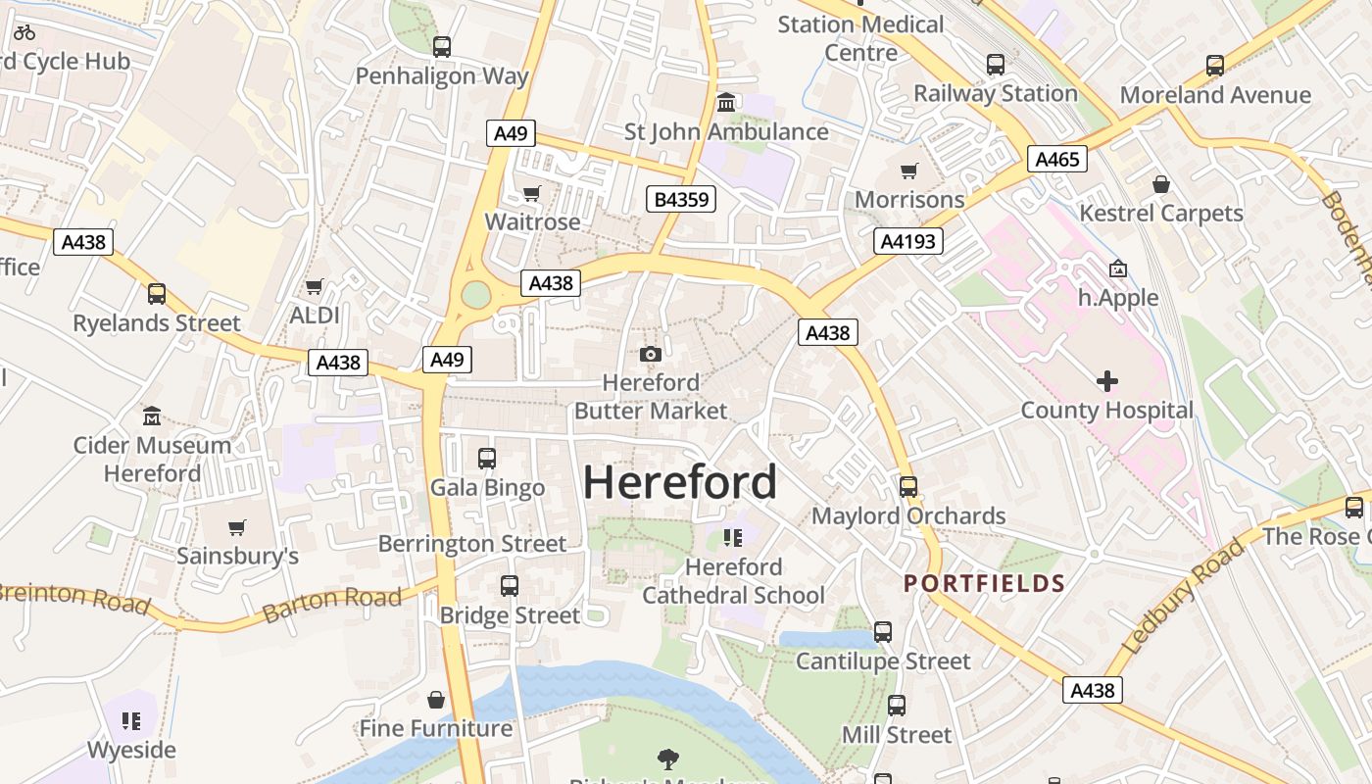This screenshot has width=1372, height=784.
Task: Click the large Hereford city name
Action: [x=680, y=482]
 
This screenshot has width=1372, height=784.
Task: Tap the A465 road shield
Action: [x=1057, y=159]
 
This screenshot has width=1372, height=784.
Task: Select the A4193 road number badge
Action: [x=908, y=241]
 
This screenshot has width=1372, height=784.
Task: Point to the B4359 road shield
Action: [x=681, y=200]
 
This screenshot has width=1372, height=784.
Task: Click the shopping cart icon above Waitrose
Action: [x=532, y=193]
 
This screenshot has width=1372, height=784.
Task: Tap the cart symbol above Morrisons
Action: [x=909, y=171]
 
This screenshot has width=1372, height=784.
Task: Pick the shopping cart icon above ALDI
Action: [x=314, y=286]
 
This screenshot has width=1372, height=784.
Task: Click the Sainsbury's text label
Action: [x=237, y=556]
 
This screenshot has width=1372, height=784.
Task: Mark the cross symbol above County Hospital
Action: [x=1106, y=381]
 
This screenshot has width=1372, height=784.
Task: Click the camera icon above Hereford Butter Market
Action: [x=650, y=354]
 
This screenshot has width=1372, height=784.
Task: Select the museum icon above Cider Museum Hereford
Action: [x=152, y=416]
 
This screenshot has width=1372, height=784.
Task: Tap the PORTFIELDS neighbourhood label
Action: [x=984, y=584]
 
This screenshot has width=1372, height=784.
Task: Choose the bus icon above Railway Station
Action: [x=996, y=65]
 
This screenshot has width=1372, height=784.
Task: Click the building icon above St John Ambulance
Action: [x=726, y=102]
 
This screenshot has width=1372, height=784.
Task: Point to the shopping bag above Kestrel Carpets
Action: [x=1161, y=184]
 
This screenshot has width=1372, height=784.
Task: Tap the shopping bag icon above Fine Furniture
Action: [x=436, y=700]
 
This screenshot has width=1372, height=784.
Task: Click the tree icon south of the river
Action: [x=668, y=758]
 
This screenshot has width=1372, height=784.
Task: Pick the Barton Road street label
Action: [x=332, y=606]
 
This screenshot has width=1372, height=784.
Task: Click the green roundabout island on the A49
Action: [x=476, y=294]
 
